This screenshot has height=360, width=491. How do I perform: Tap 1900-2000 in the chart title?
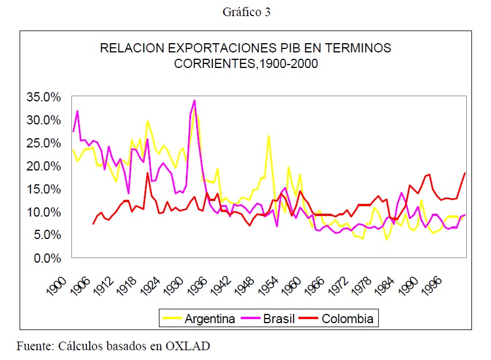click(x=289, y=64)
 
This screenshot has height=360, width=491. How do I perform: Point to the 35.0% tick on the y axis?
click(x=44, y=97)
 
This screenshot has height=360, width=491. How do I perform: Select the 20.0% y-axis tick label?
click(x=44, y=166)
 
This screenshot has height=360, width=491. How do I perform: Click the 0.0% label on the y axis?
click(x=47, y=258)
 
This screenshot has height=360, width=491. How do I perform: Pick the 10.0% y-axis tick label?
click(x=44, y=212)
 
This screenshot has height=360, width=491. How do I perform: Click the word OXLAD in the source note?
click(x=195, y=347)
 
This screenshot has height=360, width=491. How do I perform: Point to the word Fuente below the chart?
click(x=35, y=347)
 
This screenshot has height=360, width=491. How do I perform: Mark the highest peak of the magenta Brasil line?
click(x=195, y=101)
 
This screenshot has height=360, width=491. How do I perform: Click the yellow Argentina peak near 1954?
click(x=269, y=136)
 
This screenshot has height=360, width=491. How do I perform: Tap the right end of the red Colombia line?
click(x=465, y=173)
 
